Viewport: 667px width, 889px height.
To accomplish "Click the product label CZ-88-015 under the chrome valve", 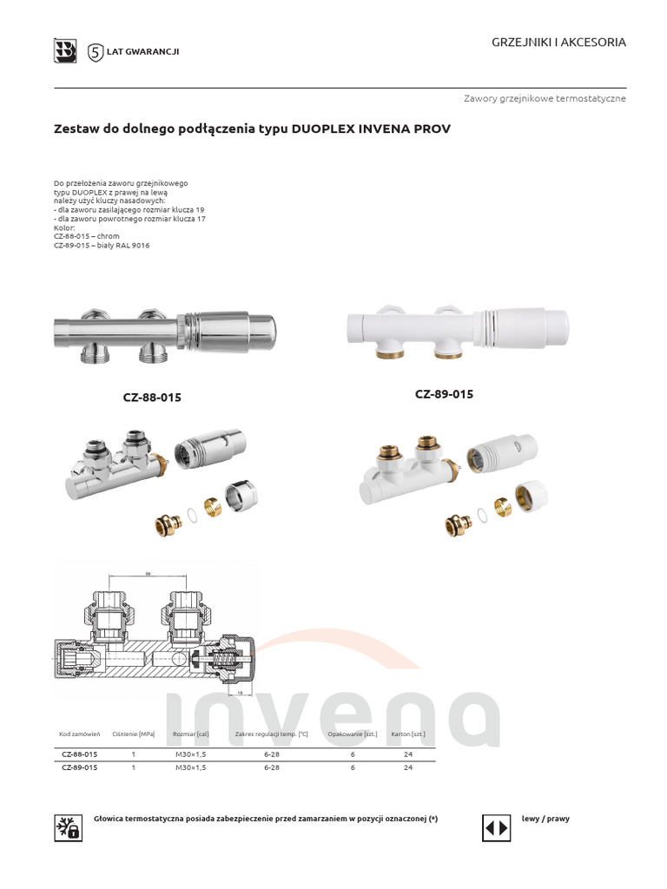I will pyautogui.click(x=152, y=398).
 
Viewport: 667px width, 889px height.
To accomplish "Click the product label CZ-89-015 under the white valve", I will pyautogui.click(x=444, y=394).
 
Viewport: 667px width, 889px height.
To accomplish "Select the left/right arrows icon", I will pyautogui.click(x=496, y=827).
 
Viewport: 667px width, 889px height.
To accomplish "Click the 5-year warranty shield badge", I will pyautogui.click(x=96, y=52).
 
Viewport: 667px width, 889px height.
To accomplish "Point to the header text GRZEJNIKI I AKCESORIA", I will pyautogui.click(x=558, y=43).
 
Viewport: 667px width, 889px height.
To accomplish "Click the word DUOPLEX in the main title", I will pyautogui.click(x=324, y=128).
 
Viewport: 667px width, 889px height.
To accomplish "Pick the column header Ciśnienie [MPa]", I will pyautogui.click(x=134, y=734).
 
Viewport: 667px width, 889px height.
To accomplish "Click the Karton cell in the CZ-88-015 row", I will pyautogui.click(x=408, y=754).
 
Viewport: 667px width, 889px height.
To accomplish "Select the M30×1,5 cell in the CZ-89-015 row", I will pyautogui.click(x=191, y=768).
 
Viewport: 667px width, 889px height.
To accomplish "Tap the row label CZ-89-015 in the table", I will pyautogui.click(x=78, y=768).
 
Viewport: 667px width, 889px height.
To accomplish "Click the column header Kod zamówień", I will pyautogui.click(x=80, y=734).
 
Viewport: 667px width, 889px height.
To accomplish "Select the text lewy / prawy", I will pyautogui.click(x=545, y=819).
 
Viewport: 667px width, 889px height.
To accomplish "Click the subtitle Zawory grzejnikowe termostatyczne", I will pyautogui.click(x=545, y=99).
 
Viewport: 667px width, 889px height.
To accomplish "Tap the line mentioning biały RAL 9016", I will pyautogui.click(x=102, y=246).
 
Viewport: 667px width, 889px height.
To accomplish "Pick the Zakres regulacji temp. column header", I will pyautogui.click(x=271, y=734).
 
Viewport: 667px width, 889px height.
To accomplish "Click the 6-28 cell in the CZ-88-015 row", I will pyautogui.click(x=271, y=754).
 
